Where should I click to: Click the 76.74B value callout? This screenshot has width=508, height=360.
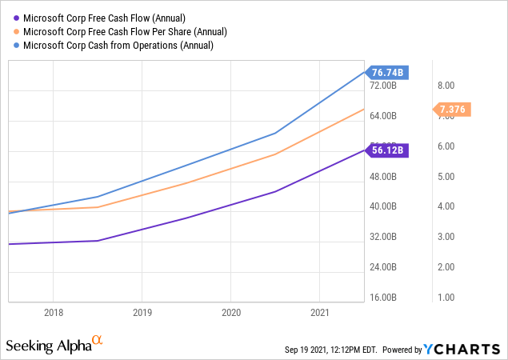click(390, 73)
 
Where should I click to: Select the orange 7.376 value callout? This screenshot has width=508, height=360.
click(452, 109)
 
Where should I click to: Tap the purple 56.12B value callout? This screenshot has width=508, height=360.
click(390, 150)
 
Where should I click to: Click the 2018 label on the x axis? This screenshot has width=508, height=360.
click(54, 312)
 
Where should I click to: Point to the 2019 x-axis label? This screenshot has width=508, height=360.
click(142, 312)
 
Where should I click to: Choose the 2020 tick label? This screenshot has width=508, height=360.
click(230, 312)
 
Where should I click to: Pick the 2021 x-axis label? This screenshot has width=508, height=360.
click(319, 312)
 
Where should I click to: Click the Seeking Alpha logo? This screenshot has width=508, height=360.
click(54, 345)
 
